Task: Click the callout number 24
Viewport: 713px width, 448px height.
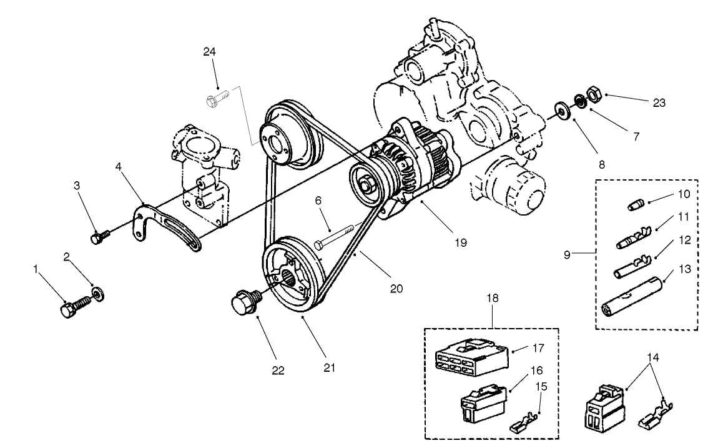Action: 209,52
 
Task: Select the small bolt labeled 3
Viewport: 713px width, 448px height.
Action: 99,237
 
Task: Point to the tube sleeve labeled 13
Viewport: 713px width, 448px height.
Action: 631,299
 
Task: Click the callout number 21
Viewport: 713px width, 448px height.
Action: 329,367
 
